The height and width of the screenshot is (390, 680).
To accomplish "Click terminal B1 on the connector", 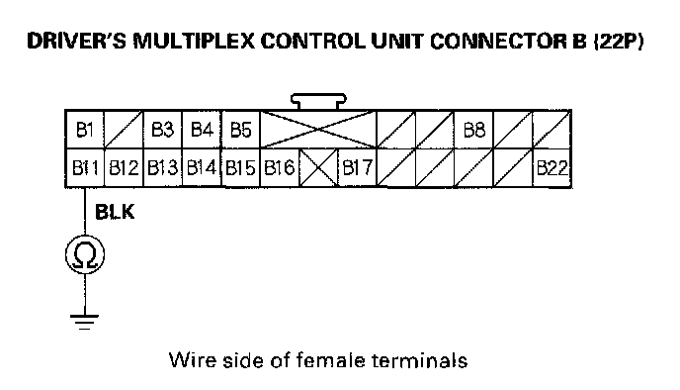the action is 85,130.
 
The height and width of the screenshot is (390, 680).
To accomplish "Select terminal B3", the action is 163,130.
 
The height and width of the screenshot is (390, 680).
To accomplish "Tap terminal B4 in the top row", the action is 202,130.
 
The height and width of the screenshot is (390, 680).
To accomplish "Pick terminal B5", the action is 241,130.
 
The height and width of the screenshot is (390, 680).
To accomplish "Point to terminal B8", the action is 474,130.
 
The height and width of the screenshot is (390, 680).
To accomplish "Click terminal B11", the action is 85,167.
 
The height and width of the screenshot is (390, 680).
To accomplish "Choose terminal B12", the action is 124,167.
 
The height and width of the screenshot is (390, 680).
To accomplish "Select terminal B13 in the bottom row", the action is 163,167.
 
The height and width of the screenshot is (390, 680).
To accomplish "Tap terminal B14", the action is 202,167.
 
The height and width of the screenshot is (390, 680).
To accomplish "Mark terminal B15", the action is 241,167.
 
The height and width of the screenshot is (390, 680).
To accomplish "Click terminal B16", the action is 280,167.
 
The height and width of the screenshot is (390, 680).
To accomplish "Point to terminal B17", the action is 358,167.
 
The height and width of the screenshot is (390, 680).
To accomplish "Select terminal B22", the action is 552,167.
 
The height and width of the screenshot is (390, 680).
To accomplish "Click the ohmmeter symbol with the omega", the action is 85,254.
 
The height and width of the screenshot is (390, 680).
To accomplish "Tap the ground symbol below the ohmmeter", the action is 85,322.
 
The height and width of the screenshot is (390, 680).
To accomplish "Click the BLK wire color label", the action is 115,212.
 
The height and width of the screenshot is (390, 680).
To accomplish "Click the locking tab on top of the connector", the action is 318,102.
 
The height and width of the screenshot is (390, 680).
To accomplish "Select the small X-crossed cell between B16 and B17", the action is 318,167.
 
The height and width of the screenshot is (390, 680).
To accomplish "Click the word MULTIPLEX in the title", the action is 194,41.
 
